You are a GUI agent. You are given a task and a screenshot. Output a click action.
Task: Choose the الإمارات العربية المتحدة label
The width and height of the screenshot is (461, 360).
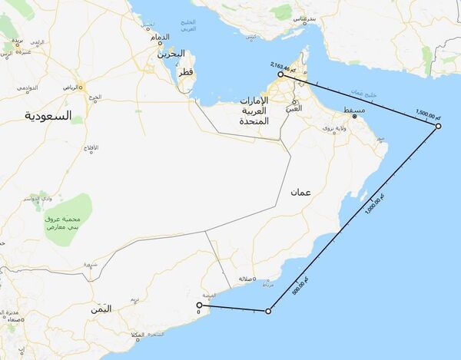254,111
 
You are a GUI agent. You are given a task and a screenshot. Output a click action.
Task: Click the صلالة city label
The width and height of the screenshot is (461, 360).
247,279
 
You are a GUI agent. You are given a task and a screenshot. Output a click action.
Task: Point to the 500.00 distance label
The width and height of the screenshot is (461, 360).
300,286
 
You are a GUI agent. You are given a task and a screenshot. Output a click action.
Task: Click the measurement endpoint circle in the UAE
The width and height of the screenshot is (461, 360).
281,75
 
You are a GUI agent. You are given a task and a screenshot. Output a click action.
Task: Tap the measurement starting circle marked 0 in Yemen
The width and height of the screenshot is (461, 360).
199,305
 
